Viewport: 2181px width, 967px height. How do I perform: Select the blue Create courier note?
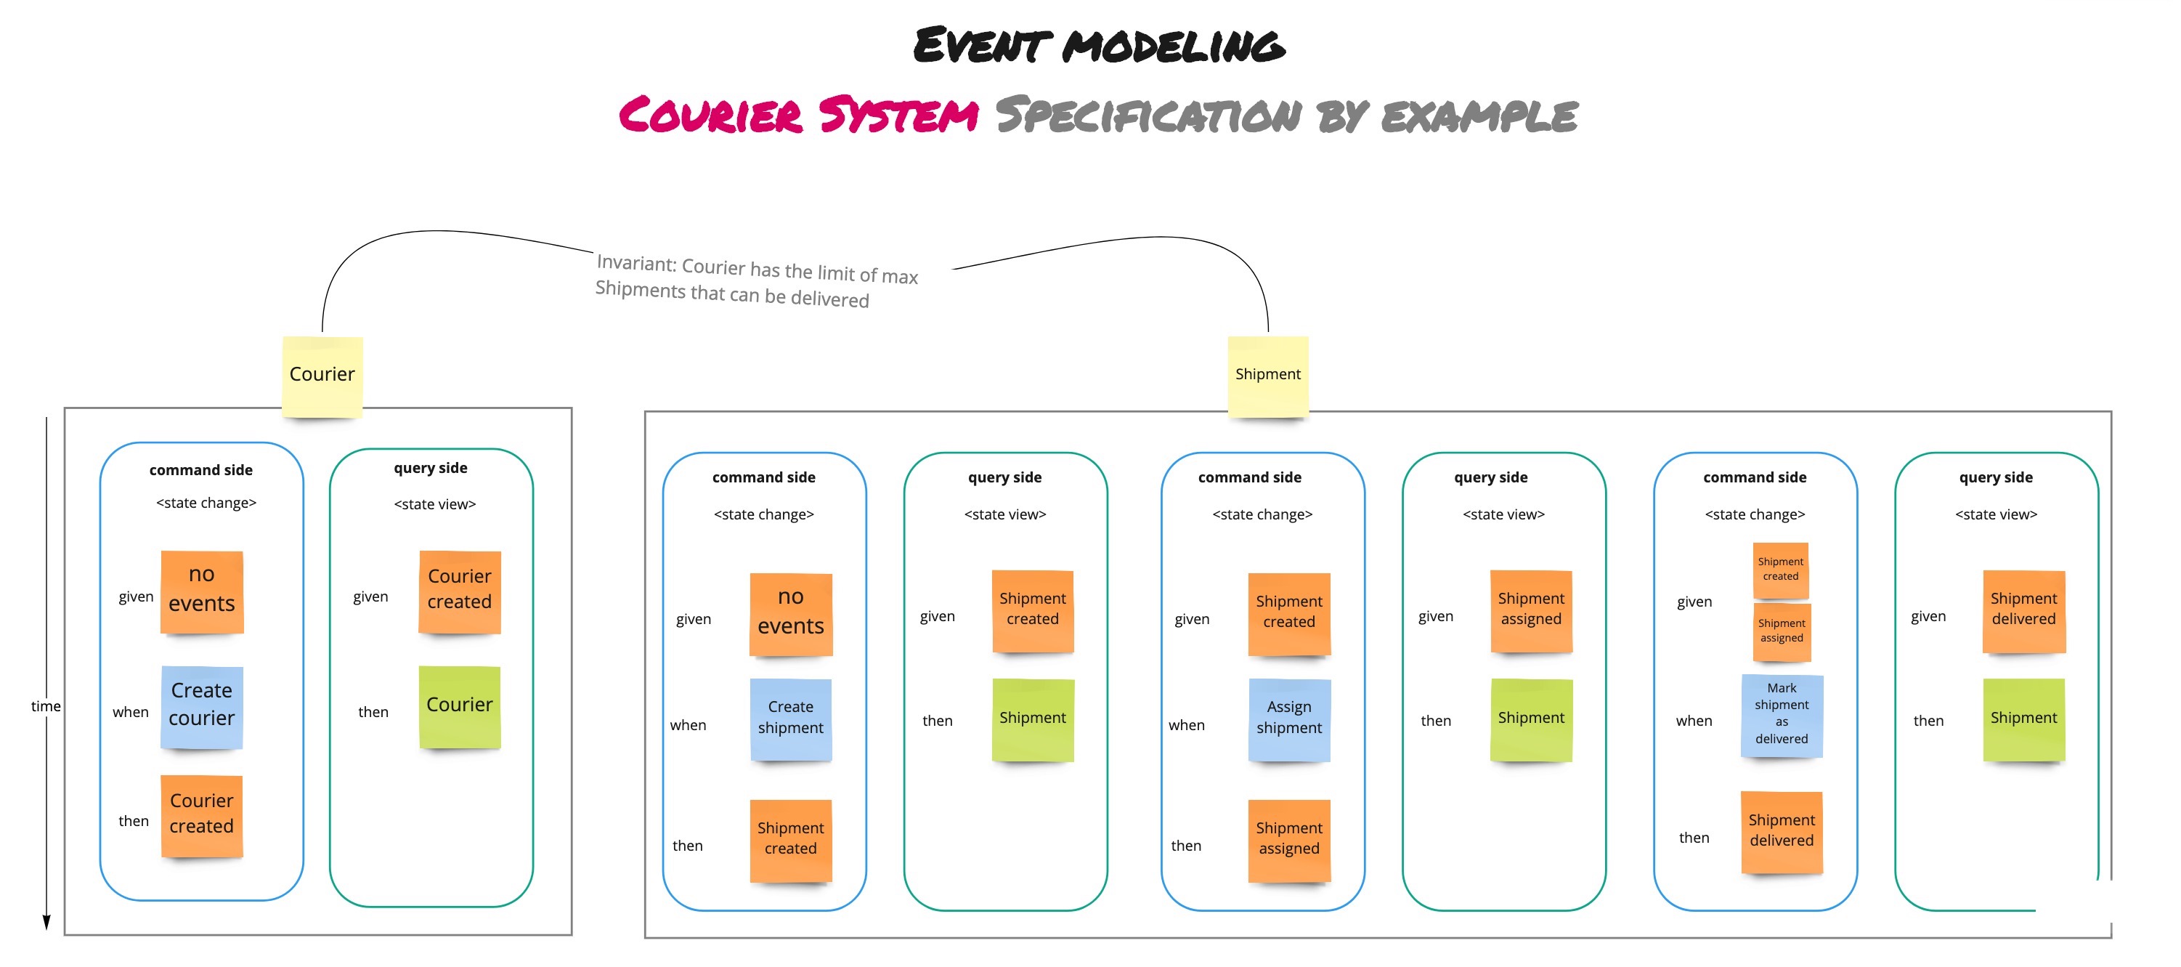coord(201,706)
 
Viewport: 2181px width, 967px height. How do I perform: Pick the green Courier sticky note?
coord(459,706)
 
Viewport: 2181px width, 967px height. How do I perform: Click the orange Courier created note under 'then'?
coord(201,814)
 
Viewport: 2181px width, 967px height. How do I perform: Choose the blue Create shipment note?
coord(790,718)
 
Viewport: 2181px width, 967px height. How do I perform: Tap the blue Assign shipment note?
coord(1288,718)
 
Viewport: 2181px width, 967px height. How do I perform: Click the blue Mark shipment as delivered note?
coord(1782,715)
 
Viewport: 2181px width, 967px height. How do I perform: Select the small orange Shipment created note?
coord(1781,570)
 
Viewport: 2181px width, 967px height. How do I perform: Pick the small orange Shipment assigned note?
coord(1782,631)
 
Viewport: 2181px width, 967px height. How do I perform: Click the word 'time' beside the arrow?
coord(46,706)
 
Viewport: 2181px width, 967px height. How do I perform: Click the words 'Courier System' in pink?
coord(798,116)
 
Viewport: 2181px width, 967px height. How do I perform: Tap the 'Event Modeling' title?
coord(1098,46)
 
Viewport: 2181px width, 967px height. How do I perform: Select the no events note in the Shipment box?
coord(790,613)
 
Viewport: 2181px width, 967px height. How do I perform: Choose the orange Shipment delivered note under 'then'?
coord(1782,832)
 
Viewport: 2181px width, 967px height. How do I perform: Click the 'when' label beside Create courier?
coord(131,713)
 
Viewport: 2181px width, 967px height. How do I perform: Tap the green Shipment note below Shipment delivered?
coord(2023,718)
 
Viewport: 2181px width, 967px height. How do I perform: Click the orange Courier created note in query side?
coord(459,590)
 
